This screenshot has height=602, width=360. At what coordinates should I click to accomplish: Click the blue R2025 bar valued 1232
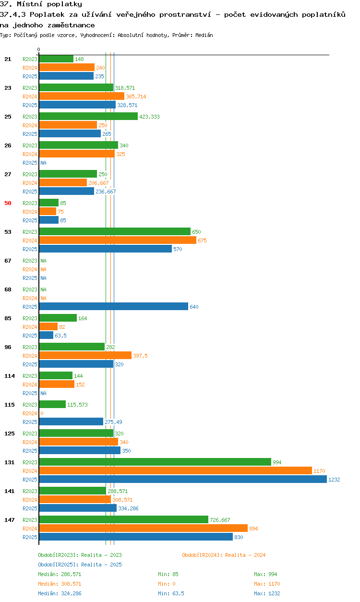point(183,479)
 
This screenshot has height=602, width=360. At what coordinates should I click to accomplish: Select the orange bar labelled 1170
point(175,470)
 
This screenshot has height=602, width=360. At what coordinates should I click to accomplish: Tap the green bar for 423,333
point(88,116)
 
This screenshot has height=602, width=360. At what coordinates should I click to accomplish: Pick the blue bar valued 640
point(114,306)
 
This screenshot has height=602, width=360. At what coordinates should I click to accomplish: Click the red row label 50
point(8,203)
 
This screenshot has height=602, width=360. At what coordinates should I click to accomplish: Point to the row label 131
point(10,462)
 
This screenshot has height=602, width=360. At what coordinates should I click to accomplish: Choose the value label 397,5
point(140,356)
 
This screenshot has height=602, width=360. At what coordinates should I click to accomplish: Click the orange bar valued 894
point(144,528)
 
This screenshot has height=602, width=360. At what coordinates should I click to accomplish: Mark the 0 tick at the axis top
point(38,49)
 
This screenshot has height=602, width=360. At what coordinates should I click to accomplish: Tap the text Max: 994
point(265,574)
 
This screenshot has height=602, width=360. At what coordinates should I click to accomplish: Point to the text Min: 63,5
point(171,593)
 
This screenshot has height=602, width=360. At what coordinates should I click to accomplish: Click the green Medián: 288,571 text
point(60,574)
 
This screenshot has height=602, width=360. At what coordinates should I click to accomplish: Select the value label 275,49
point(113,422)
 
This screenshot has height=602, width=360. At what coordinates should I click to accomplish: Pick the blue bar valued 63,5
point(46,335)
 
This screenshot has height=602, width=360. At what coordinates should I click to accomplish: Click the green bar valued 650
point(115,231)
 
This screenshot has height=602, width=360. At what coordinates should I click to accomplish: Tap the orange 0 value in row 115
point(42,413)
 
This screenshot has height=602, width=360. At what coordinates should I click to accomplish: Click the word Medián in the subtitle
point(204,35)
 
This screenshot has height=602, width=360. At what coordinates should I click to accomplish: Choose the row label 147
point(10,520)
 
